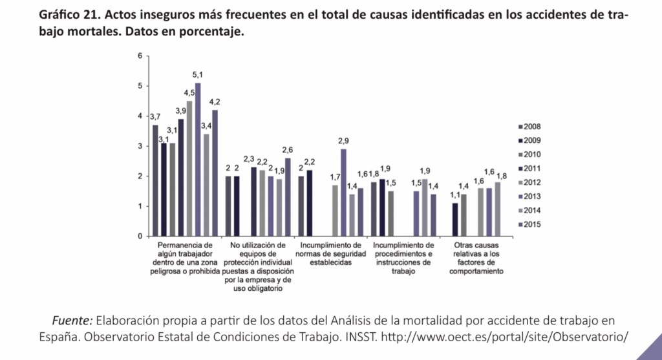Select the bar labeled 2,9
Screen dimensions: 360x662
pos(343,192)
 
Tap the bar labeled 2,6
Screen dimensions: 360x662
pos(288,196)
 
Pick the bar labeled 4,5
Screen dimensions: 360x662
pos(189,168)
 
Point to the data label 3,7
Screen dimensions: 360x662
pos(155,117)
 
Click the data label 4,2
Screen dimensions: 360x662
pos(215,102)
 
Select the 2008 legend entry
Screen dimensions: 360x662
pos(531,126)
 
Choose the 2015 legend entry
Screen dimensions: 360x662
pos(531,224)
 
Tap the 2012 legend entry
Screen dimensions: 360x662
pos(531,182)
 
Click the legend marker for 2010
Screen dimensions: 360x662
pos(520,154)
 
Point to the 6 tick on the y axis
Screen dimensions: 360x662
pos(139,56)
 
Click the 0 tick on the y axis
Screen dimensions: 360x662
pos(139,236)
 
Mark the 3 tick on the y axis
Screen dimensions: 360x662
pos(139,146)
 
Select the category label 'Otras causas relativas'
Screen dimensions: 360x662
pos(476,258)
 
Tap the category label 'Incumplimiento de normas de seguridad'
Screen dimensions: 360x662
pos(331,254)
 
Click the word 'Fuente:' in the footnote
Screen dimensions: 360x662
pos(72,321)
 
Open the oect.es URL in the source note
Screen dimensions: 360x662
pos(505,337)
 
